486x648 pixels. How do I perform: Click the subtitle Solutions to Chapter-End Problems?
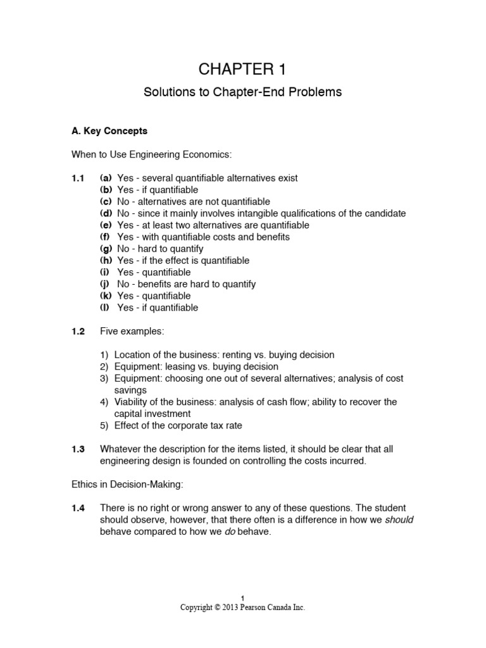click(x=243, y=92)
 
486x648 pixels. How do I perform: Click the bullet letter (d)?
click(x=107, y=213)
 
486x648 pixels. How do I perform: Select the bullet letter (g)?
click(x=107, y=249)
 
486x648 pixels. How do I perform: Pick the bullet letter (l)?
click(x=106, y=308)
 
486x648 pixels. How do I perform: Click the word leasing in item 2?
click(x=184, y=366)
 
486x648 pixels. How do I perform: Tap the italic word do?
click(x=230, y=532)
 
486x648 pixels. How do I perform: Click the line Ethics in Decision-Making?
click(x=127, y=485)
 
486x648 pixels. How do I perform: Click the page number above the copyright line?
click(x=243, y=598)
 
